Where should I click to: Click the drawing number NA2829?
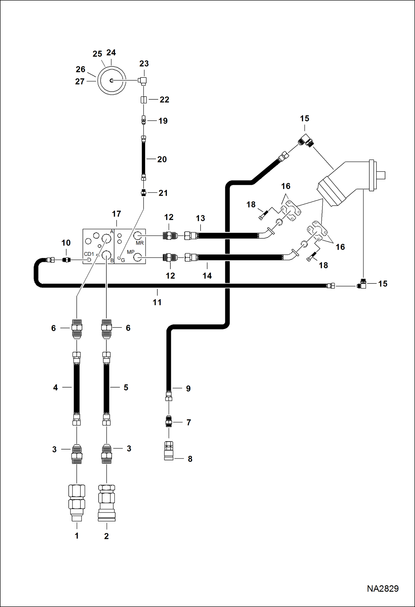[x=383, y=588]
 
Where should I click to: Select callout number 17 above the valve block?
[x=116, y=214]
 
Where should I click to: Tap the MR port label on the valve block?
[x=140, y=243]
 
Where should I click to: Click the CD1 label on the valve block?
[x=89, y=254]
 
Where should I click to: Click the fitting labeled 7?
[x=169, y=422]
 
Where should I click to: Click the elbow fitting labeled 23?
[x=143, y=81]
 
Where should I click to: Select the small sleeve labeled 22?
[x=144, y=100]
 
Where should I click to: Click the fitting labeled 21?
[x=144, y=192]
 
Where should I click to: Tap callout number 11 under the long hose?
[x=157, y=302]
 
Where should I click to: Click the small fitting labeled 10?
[x=66, y=260]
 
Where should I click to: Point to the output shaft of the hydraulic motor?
[x=381, y=175]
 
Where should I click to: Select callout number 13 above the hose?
[x=200, y=218]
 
